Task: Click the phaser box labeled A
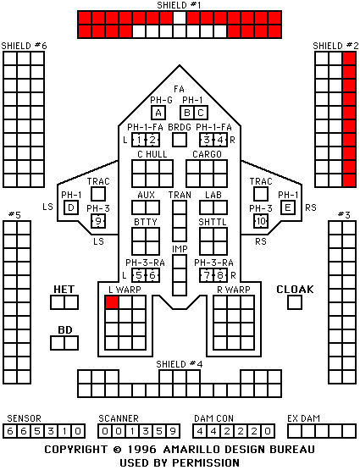click(x=158, y=113)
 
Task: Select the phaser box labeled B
click(x=187, y=113)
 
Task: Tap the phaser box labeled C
click(x=201, y=113)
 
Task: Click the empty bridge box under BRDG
click(x=180, y=140)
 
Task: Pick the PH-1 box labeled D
click(x=71, y=207)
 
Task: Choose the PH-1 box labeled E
click(x=288, y=207)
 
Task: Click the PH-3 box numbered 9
click(x=98, y=221)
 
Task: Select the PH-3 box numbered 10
click(x=261, y=221)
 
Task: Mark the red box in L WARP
click(x=112, y=302)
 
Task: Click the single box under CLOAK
click(x=295, y=302)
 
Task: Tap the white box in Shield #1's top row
click(x=180, y=18)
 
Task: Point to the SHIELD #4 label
click(x=180, y=364)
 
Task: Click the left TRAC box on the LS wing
click(x=98, y=194)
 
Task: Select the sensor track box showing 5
click(x=37, y=431)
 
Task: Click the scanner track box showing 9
click(x=173, y=431)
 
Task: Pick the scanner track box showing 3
click(x=146, y=431)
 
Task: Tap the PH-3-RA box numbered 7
click(x=207, y=275)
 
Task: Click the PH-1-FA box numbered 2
click(x=152, y=140)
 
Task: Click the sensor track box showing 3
click(x=51, y=431)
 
